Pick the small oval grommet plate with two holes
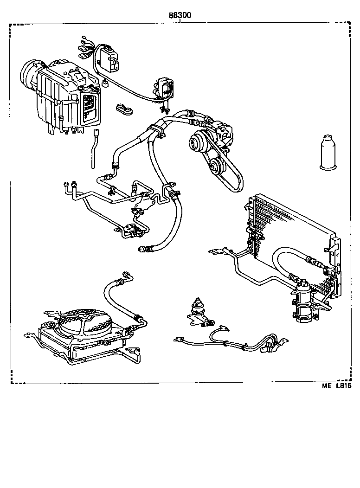click(124, 109)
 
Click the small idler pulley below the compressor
click(214, 166)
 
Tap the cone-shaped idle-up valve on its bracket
click(199, 309)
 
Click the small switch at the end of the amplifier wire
click(163, 88)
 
